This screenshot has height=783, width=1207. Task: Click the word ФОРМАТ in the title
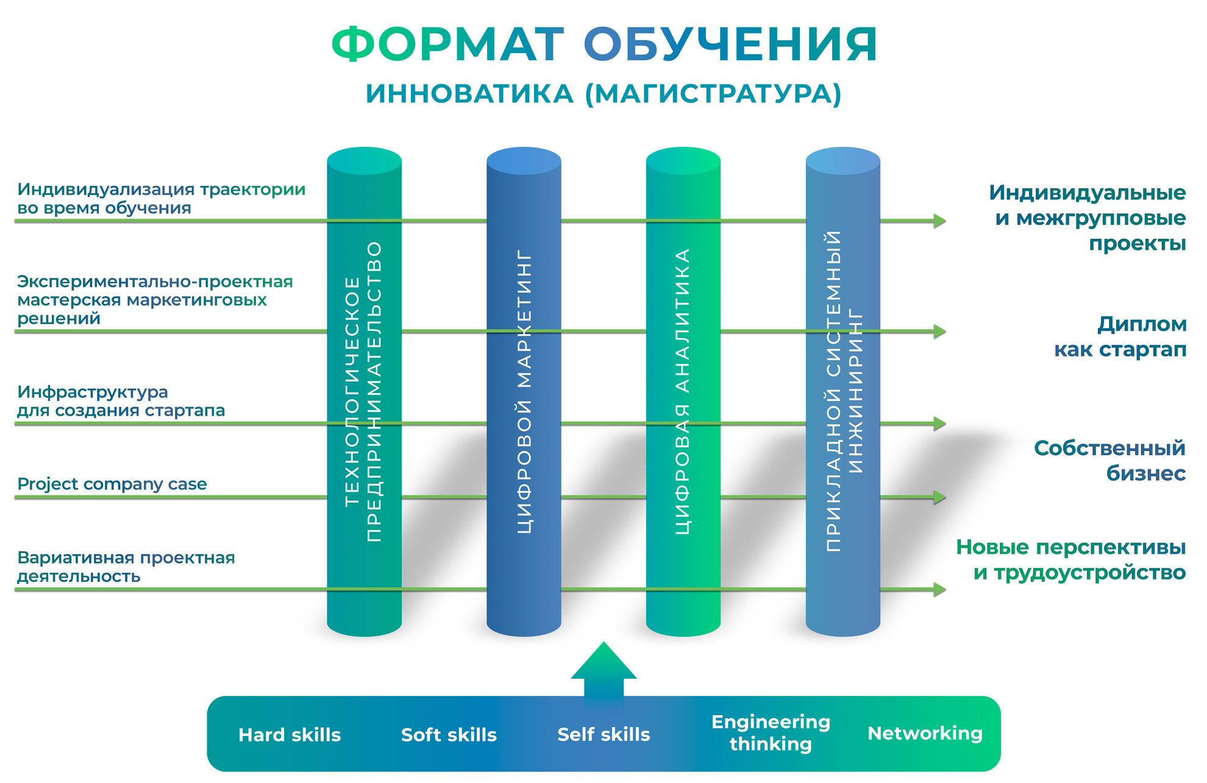[447, 45]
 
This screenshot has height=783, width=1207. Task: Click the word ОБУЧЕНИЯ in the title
[730, 45]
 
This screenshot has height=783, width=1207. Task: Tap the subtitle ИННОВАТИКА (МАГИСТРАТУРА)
[603, 94]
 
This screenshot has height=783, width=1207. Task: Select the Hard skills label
[290, 735]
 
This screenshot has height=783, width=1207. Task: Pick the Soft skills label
[449, 735]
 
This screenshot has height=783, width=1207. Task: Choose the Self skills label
[603, 735]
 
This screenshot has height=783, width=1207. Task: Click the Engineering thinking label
[771, 733]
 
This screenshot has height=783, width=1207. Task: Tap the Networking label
[925, 734]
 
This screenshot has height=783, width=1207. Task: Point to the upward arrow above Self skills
[603, 670]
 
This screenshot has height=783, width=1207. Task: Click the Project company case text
[112, 484]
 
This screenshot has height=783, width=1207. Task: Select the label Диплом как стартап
[1120, 336]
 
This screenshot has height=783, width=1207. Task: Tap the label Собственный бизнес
[1109, 461]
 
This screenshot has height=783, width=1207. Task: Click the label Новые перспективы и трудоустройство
[1071, 559]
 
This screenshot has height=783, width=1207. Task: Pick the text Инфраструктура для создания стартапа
[121, 401]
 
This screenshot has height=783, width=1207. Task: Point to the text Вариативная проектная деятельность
[126, 567]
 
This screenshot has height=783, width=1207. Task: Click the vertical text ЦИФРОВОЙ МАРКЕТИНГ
[524, 391]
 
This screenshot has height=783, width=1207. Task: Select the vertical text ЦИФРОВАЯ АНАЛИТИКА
[683, 391]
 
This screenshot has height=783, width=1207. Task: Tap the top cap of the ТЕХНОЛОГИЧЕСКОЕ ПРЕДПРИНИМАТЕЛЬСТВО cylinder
[365, 161]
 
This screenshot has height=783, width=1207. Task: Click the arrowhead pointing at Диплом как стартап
[939, 331]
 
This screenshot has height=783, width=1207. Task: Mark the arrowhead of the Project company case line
[939, 497]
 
